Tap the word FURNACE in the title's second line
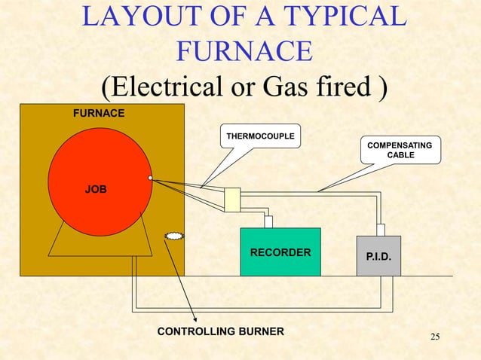pos(244,51)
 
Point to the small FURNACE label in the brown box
pos(99,114)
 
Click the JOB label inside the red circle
pos(95,188)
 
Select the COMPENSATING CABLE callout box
pos(400,150)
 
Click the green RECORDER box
pos(280,252)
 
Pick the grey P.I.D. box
pos(378,256)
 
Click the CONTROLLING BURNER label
pos(220,331)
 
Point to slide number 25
pos(434,336)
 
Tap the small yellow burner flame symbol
pos(174,236)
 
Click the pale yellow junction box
pos(232,200)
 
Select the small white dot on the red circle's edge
pos(151,178)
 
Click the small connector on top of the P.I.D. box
pos(381,229)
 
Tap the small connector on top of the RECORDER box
pos(268,221)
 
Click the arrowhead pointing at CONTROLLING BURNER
pos(195,319)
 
